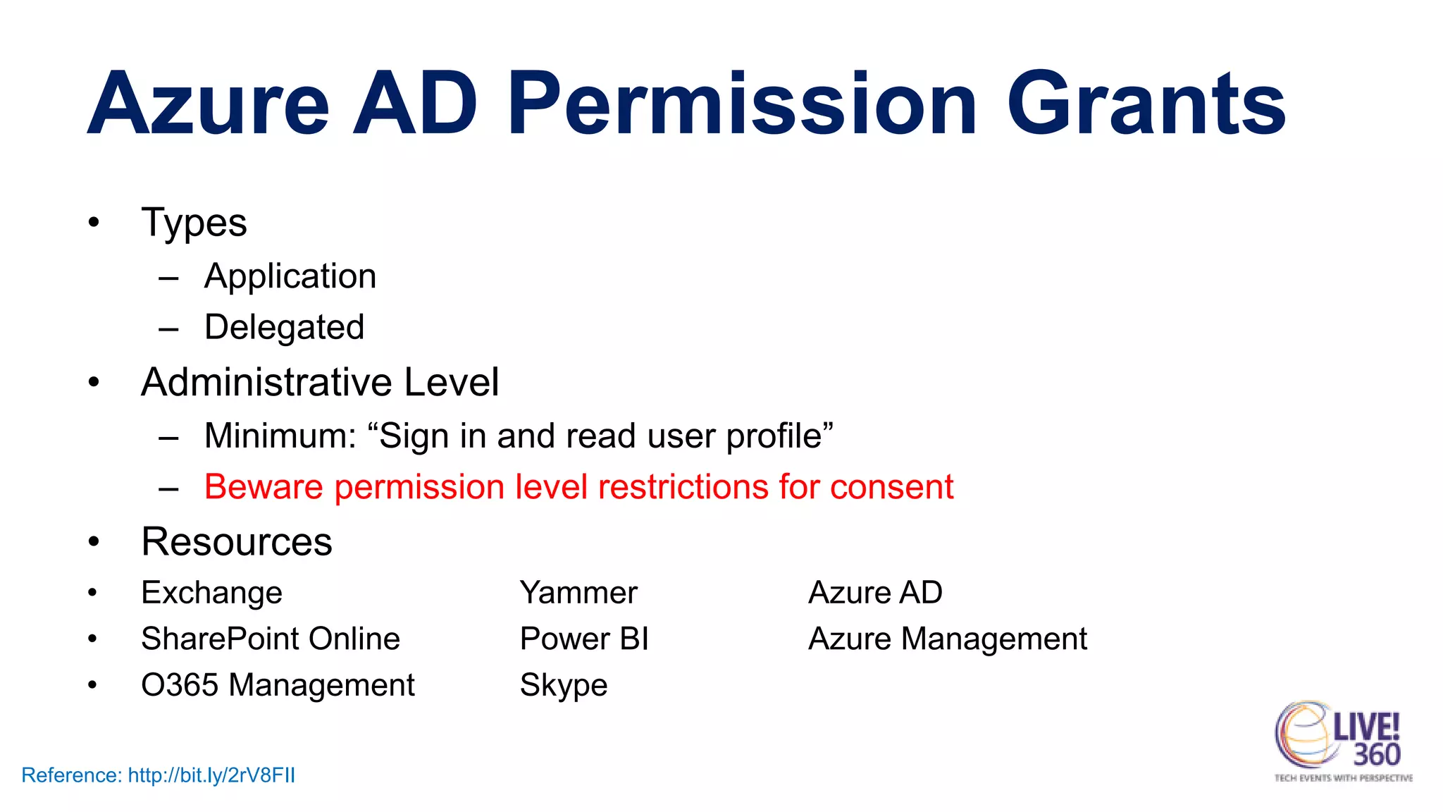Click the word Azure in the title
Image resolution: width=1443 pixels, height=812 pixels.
tap(209, 104)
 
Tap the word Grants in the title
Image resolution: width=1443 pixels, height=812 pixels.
tap(1146, 104)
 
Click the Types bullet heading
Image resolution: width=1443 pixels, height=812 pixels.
tap(194, 223)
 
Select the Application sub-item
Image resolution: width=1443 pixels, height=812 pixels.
tap(290, 276)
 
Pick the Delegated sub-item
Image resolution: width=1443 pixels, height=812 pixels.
tap(284, 328)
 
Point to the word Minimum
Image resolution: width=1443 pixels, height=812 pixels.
tap(279, 436)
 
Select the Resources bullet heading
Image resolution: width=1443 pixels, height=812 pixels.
tap(237, 541)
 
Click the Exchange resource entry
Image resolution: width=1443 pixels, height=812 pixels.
tap(211, 593)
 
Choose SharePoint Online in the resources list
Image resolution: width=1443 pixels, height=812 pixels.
tap(271, 639)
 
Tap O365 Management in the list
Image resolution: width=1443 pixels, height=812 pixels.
tap(278, 685)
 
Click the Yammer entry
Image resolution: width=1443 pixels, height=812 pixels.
tap(578, 593)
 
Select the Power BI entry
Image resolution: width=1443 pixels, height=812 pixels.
tap(583, 639)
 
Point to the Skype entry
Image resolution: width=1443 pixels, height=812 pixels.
tap(563, 685)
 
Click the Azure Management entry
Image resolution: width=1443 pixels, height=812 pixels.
tap(947, 639)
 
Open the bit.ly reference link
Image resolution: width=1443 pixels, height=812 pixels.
tap(211, 775)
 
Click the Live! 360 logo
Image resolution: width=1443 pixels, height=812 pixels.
tap(1342, 740)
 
